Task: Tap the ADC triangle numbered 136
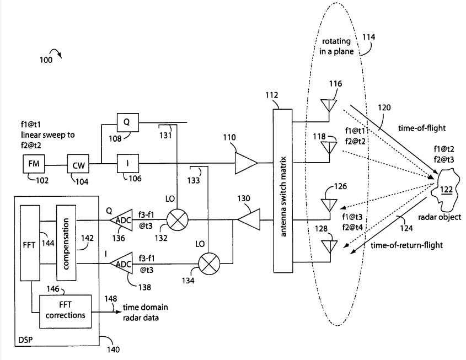pos(121,221)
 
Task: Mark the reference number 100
pos(46,61)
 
